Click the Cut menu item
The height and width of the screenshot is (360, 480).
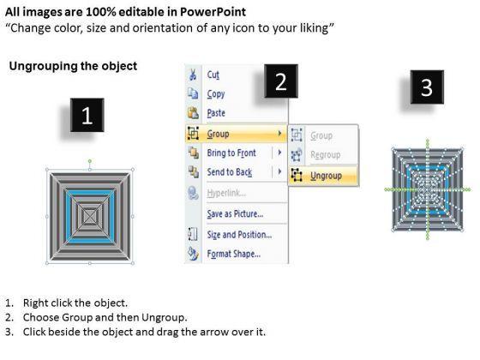(x=213, y=75)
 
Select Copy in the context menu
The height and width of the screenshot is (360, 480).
(x=216, y=94)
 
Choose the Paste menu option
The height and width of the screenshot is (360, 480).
(x=216, y=113)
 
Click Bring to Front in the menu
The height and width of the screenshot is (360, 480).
(x=231, y=153)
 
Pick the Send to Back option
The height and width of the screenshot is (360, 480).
(x=230, y=172)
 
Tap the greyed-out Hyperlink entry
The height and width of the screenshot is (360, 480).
(x=226, y=193)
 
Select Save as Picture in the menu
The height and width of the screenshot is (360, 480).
(x=235, y=213)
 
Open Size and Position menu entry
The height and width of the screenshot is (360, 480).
(x=239, y=235)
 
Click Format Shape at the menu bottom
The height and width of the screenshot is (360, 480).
(x=233, y=254)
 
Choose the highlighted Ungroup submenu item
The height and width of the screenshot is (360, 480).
(x=326, y=176)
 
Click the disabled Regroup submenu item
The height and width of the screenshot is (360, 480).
(x=326, y=155)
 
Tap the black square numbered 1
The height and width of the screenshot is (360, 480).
(x=87, y=115)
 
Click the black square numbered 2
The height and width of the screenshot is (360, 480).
(x=281, y=81)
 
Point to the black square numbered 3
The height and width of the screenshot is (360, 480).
(x=427, y=87)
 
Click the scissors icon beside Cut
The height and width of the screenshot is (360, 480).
(x=193, y=75)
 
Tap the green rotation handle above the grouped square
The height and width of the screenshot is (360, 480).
(x=90, y=161)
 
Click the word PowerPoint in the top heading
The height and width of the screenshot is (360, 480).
(x=213, y=12)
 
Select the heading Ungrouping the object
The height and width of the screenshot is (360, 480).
(x=73, y=66)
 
